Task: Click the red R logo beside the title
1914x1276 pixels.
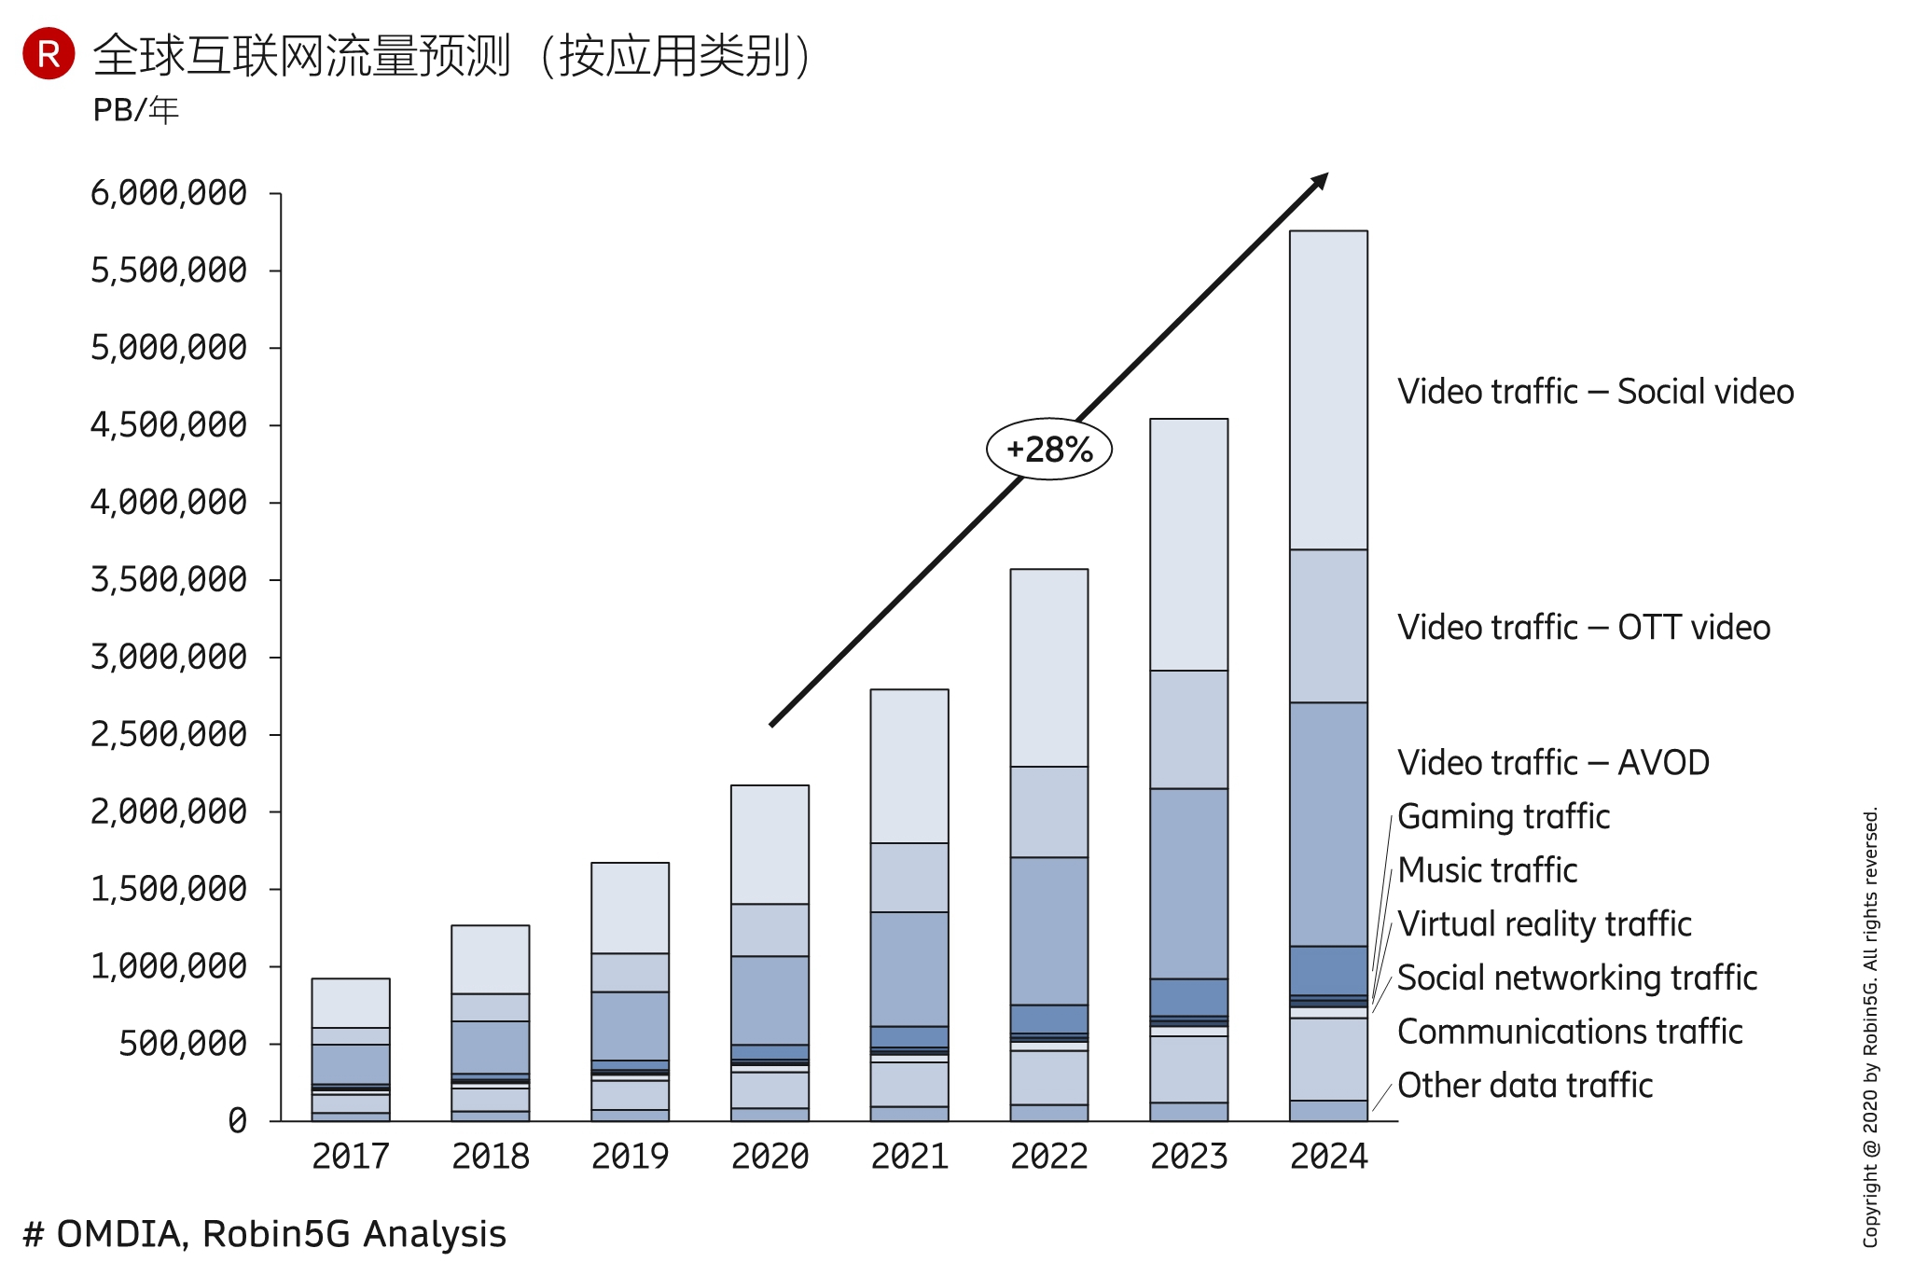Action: [49, 53]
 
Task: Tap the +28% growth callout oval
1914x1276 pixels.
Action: [1049, 450]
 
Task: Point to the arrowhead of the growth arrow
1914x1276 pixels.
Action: [1319, 181]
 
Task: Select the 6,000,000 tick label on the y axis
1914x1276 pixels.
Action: [169, 193]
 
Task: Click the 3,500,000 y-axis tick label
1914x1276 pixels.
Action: [169, 580]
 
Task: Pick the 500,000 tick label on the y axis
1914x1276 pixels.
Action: [183, 1044]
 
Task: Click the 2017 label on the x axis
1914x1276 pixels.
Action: [351, 1157]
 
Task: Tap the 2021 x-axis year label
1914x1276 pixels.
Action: [909, 1157]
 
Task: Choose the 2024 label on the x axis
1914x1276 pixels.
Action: [1328, 1157]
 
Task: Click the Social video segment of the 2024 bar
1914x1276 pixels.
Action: [1328, 390]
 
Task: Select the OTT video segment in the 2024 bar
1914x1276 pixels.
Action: [1328, 626]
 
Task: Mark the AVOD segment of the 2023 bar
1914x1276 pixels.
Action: [1188, 883]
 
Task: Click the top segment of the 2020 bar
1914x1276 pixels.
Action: [770, 844]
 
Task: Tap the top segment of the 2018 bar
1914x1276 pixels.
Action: [491, 959]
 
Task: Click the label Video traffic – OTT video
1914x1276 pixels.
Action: [1583, 628]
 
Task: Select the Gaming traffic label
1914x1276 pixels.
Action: [1504, 817]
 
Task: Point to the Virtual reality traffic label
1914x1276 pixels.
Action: [1544, 924]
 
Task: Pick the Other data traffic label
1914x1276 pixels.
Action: [1525, 1086]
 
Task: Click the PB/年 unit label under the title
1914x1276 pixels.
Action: [135, 110]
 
